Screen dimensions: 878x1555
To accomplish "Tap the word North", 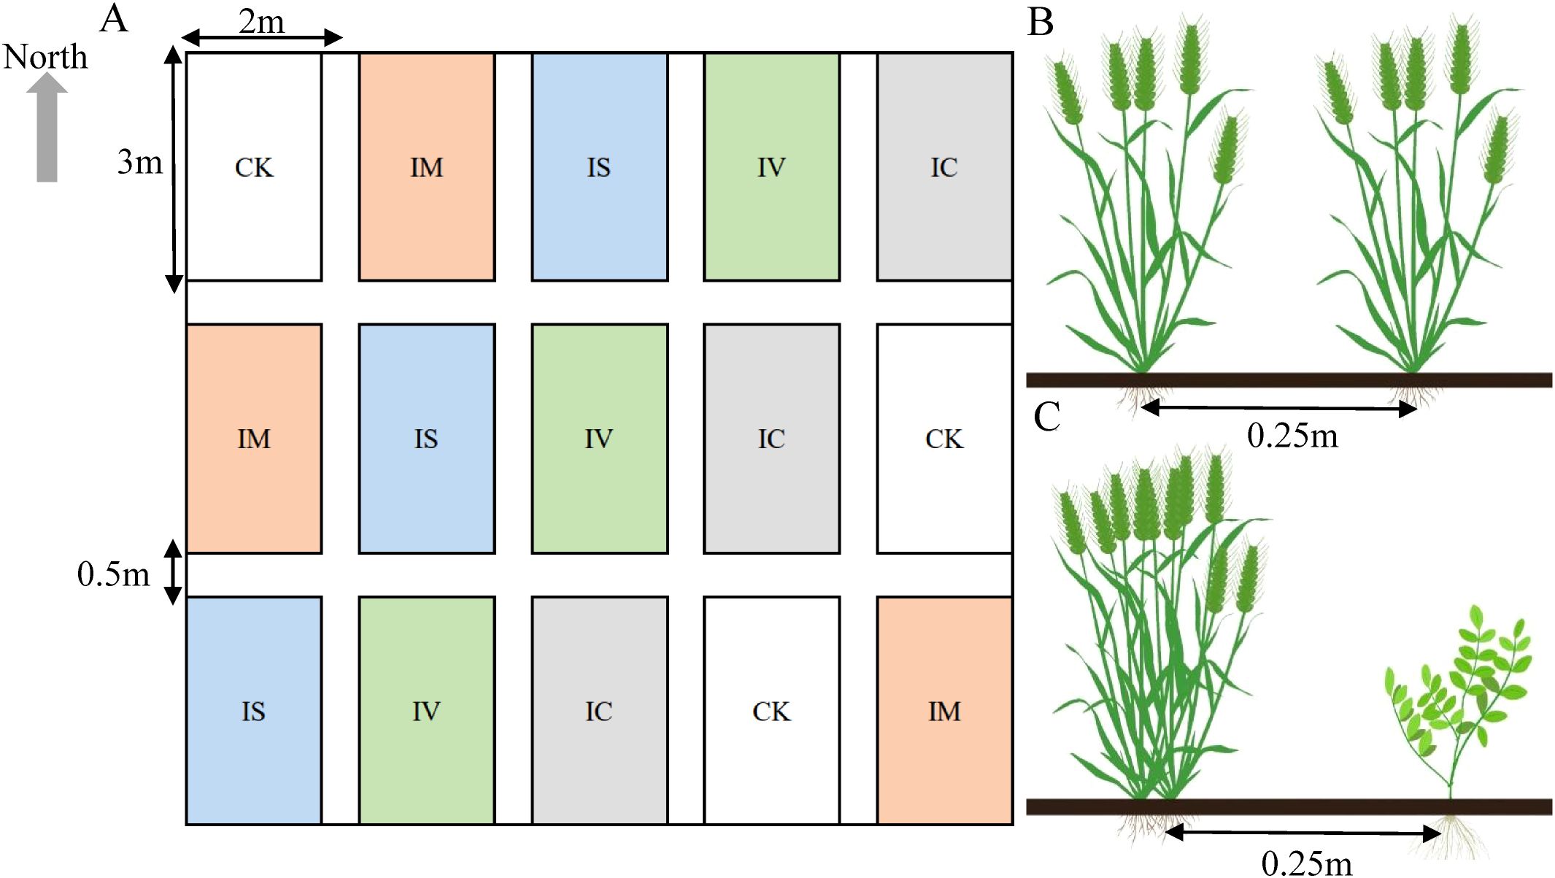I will click(x=45, y=57).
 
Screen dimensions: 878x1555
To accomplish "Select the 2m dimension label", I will click(x=261, y=22).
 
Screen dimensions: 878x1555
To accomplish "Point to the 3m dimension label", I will click(x=139, y=162).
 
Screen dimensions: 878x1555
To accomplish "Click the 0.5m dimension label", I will click(x=113, y=574).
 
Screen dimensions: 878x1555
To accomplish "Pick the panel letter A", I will click(x=114, y=19).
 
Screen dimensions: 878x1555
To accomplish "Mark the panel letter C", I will click(x=1046, y=417).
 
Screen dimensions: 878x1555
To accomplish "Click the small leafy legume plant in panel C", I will click(x=1456, y=701).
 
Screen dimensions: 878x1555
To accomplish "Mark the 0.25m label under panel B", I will click(x=1292, y=436).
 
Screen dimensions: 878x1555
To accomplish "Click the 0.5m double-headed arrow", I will click(x=172, y=573).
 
